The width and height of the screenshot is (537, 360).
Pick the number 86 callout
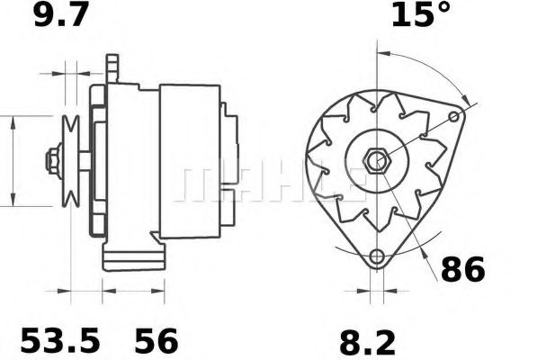point(461,268)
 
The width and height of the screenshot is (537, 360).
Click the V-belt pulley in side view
point(73,160)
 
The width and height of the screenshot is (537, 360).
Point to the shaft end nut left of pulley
point(52,162)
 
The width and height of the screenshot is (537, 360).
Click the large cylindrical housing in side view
point(189,162)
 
